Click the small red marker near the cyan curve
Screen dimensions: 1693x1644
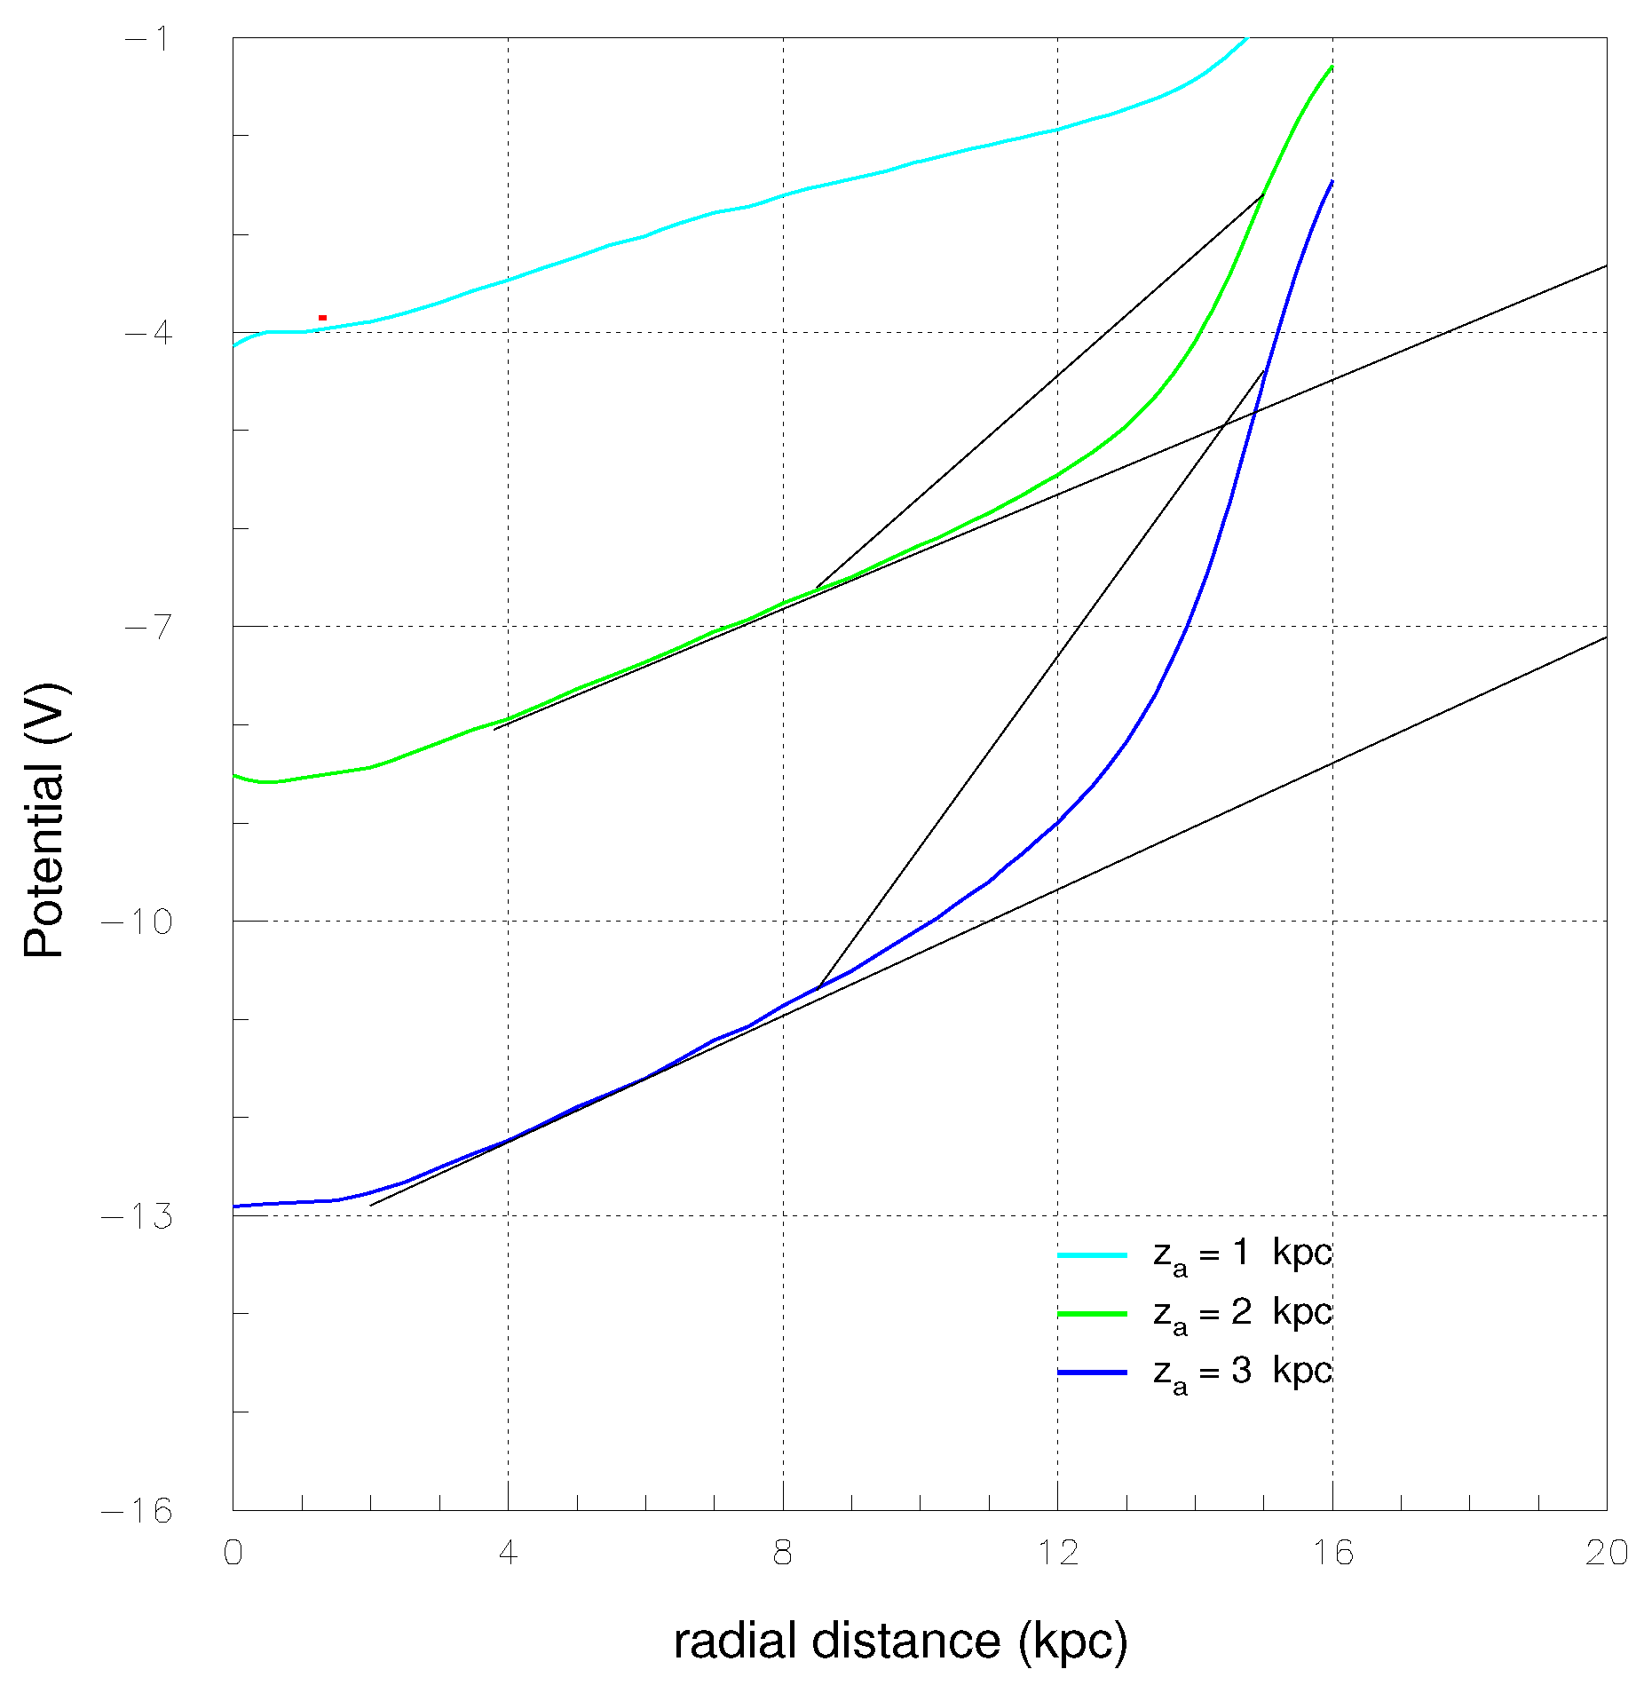[322, 318]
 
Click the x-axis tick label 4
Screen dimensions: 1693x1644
[507, 1553]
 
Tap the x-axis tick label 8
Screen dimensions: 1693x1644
[782, 1553]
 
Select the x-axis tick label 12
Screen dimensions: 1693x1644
[1056, 1553]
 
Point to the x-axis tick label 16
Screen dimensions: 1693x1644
[1332, 1553]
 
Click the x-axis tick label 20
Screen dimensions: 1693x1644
[1606, 1553]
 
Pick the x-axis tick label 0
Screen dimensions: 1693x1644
[233, 1553]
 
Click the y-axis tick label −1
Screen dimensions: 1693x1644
[146, 39]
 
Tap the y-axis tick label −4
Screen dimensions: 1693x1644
[146, 333]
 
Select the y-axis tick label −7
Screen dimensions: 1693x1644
[146, 628]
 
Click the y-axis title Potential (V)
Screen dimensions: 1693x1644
[44, 819]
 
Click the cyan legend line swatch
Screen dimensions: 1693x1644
[1092, 1255]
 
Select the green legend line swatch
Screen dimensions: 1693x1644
[1092, 1313]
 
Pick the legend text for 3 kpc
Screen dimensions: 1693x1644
[1242, 1373]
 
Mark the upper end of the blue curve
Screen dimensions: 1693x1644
[1332, 181]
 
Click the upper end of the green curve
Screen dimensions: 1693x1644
[1332, 67]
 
